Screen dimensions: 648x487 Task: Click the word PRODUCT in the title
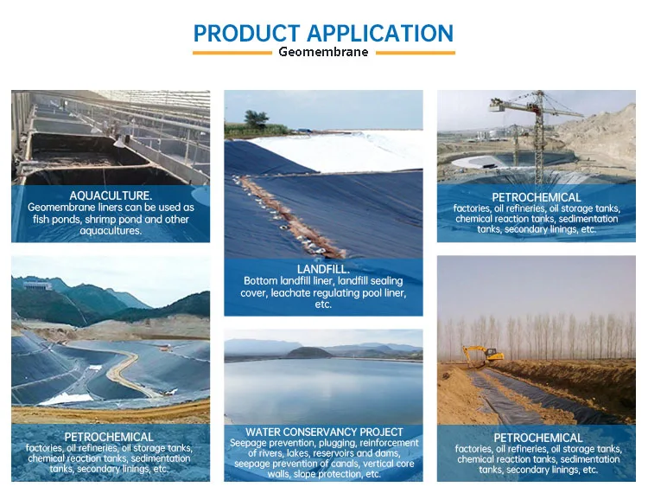(x=247, y=34)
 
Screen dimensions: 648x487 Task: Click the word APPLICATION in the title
(x=380, y=34)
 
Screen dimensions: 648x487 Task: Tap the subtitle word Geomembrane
(x=323, y=52)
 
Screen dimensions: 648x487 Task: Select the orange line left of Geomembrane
(x=232, y=53)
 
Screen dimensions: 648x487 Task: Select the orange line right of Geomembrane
(x=416, y=53)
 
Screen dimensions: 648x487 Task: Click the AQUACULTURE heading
(x=111, y=195)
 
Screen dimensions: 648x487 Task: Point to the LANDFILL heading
(x=323, y=269)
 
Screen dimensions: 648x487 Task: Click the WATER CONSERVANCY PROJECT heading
(x=324, y=432)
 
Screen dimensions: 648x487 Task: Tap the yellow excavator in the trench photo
(x=483, y=355)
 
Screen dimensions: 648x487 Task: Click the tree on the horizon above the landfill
(x=257, y=119)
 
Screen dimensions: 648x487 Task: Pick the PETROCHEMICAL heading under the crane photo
(x=537, y=197)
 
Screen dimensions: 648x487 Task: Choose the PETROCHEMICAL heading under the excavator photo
(x=538, y=438)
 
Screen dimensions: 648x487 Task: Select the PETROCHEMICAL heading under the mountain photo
(x=109, y=437)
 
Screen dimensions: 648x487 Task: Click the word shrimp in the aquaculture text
(x=102, y=220)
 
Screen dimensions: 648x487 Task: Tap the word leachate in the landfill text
(x=290, y=293)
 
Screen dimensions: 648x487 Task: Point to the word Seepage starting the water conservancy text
(x=248, y=443)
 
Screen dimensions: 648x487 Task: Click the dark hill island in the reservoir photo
(x=309, y=353)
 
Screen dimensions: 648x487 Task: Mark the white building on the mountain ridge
(x=37, y=285)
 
